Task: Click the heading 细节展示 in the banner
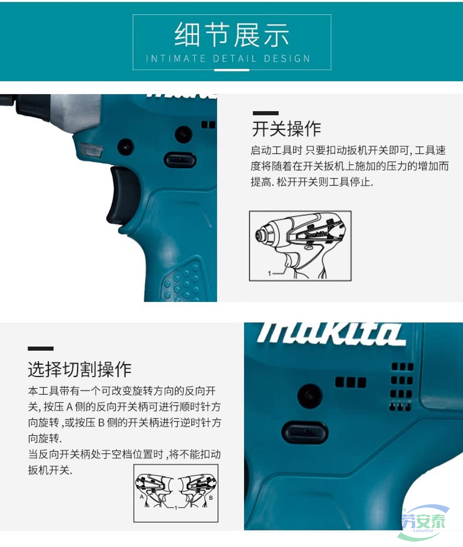point(231,35)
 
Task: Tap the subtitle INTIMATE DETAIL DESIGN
point(228,58)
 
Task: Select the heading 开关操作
point(286,129)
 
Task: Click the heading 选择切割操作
point(80,369)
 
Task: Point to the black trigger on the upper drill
point(120,195)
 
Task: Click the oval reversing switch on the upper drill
point(180,160)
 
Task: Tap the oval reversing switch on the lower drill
point(305,432)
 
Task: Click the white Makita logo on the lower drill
point(331,334)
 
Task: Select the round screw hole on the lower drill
point(309,395)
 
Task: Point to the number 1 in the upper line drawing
point(269,273)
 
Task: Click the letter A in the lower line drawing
point(142,496)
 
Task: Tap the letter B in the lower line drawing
point(211,498)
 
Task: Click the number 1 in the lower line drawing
point(176,508)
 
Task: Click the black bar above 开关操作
point(266,113)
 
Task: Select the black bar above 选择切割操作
point(41,349)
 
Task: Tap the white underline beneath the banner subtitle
point(231,70)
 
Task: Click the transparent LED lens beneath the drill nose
point(91,150)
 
